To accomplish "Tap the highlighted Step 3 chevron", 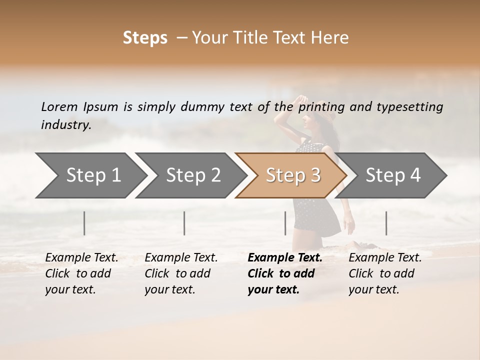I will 292,175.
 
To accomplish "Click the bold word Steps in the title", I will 145,38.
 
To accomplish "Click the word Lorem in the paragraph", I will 59,106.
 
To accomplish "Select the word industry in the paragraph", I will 66,125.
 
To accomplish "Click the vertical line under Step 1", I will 84,223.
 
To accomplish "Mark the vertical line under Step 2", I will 184,223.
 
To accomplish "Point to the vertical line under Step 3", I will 285,223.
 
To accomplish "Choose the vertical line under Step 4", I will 386,223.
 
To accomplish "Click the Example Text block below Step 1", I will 81,273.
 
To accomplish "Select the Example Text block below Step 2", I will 181,273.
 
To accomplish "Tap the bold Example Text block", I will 285,273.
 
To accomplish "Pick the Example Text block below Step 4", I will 385,273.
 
